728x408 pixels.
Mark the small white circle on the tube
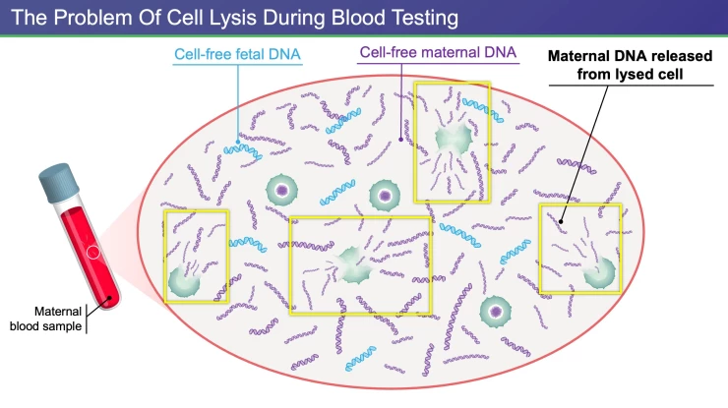[x=91, y=252]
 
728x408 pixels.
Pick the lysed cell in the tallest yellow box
[x=452, y=139]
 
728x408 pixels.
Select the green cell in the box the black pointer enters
[x=599, y=274]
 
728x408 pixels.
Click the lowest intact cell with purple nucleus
[x=496, y=312]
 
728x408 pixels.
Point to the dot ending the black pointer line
[x=562, y=222]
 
